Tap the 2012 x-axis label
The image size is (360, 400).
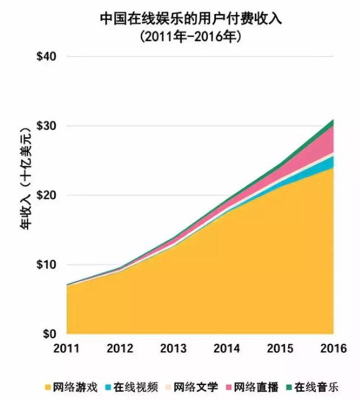[x=120, y=348]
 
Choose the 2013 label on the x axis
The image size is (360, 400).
[x=173, y=348]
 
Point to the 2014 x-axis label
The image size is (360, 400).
[x=227, y=348]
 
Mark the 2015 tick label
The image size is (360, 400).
[x=280, y=348]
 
